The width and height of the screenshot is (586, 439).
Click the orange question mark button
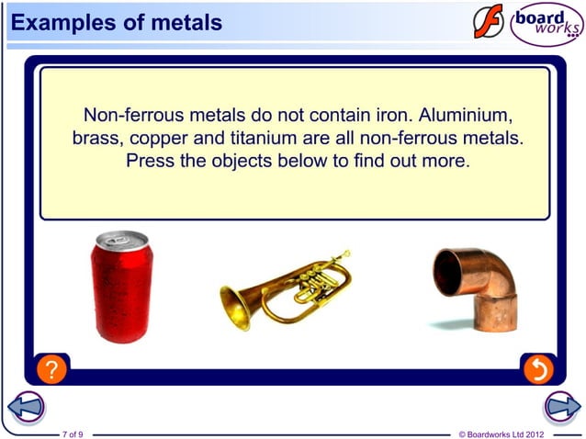53,370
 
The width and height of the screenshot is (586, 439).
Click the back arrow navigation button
25,406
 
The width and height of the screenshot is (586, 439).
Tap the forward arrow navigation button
561,406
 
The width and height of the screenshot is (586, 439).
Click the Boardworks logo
546,24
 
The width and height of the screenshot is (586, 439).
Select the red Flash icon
489,21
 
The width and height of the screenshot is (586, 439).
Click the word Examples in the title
61,22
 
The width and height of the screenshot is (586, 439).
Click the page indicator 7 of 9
73,433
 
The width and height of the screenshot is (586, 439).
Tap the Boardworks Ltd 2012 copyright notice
501,433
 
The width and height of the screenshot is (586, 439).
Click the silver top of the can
120,241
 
